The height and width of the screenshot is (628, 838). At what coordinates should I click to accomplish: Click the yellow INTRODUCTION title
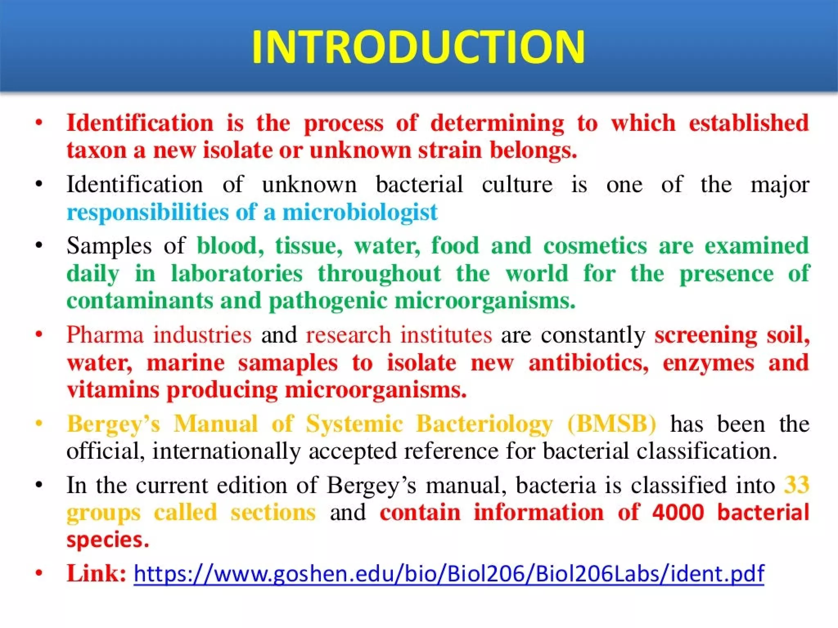click(418, 47)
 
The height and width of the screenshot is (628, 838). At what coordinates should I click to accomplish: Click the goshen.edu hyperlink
click(448, 573)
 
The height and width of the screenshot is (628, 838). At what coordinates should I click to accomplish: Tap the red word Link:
click(97, 573)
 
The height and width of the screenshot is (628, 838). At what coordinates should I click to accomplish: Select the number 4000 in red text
click(678, 512)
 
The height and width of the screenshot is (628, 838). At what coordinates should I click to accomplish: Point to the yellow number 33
click(796, 485)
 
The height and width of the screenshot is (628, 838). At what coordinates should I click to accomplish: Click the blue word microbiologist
click(360, 212)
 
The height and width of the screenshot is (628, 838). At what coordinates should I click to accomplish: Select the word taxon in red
click(97, 150)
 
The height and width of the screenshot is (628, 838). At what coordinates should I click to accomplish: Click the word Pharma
click(105, 335)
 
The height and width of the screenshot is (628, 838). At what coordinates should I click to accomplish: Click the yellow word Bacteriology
click(484, 424)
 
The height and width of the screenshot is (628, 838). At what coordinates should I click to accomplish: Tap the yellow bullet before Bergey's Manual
click(39, 424)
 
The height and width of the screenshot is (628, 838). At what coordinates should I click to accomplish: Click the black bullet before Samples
click(39, 246)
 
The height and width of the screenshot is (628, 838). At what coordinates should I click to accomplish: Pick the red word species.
click(107, 540)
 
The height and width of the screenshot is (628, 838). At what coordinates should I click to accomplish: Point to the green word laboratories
click(237, 273)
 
